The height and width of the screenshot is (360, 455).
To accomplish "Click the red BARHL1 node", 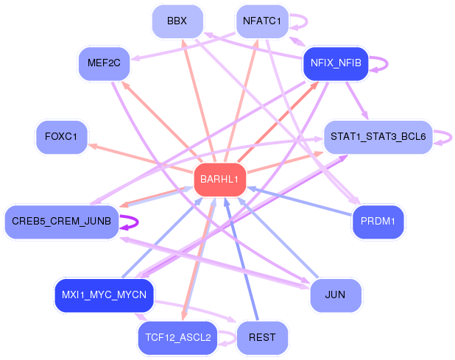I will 219,180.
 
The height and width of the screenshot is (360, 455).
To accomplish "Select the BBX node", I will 177,21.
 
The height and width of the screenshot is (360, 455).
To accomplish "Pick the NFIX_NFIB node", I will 335,63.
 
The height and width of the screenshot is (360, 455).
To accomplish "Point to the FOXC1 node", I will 62,137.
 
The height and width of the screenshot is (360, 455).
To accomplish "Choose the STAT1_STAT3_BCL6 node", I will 378,137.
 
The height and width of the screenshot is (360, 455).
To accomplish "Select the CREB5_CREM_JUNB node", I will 61,222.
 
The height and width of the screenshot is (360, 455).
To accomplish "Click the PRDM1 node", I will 378,222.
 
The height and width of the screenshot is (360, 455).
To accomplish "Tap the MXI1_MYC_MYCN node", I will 104,295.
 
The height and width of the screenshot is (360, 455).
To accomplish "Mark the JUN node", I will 335,295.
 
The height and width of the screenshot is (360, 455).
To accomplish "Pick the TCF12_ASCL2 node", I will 177,338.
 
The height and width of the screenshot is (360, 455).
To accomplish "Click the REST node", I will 262,338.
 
